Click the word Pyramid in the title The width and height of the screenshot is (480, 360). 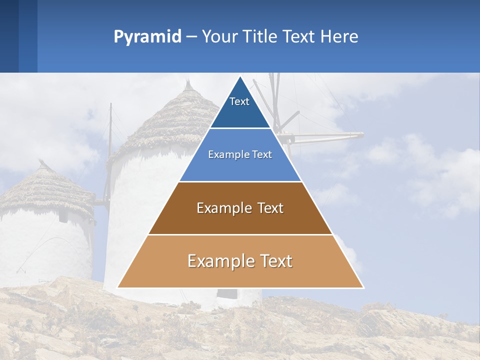[x=147, y=37]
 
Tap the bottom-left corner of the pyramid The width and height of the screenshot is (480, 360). [x=118, y=287]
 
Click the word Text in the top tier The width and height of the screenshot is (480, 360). [x=239, y=101]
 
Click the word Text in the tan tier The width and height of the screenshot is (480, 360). [x=273, y=261]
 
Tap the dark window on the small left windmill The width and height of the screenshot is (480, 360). [x=63, y=216]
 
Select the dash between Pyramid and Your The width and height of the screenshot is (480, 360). [x=191, y=37]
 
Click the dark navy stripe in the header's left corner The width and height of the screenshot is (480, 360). [x=9, y=36]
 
